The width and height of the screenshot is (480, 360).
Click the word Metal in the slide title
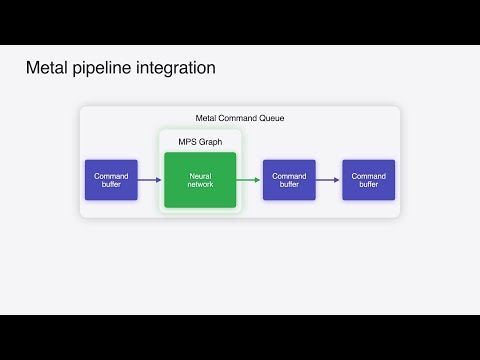(x=47, y=68)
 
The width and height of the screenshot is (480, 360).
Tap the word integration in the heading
(x=178, y=68)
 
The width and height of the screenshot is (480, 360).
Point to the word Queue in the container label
(x=270, y=119)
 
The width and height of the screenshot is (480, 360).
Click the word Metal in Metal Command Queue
(x=207, y=119)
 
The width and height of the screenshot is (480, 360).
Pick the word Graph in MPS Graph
(x=210, y=141)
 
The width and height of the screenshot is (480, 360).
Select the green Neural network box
(x=200, y=180)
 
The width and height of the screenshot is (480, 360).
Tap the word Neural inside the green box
(x=200, y=175)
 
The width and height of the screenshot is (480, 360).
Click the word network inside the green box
(x=200, y=185)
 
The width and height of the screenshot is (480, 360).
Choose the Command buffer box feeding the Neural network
(x=111, y=180)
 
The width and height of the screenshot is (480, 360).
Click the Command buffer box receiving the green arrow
(x=289, y=180)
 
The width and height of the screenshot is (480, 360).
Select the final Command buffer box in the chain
(x=368, y=180)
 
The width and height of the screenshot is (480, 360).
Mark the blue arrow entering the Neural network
(x=150, y=180)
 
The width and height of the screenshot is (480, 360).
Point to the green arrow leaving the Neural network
(x=248, y=180)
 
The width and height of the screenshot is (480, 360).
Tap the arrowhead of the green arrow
(x=257, y=180)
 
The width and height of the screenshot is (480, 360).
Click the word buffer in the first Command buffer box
(x=111, y=185)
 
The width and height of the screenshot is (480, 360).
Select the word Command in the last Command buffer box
(x=368, y=175)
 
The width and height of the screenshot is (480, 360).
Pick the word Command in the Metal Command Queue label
(x=238, y=119)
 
